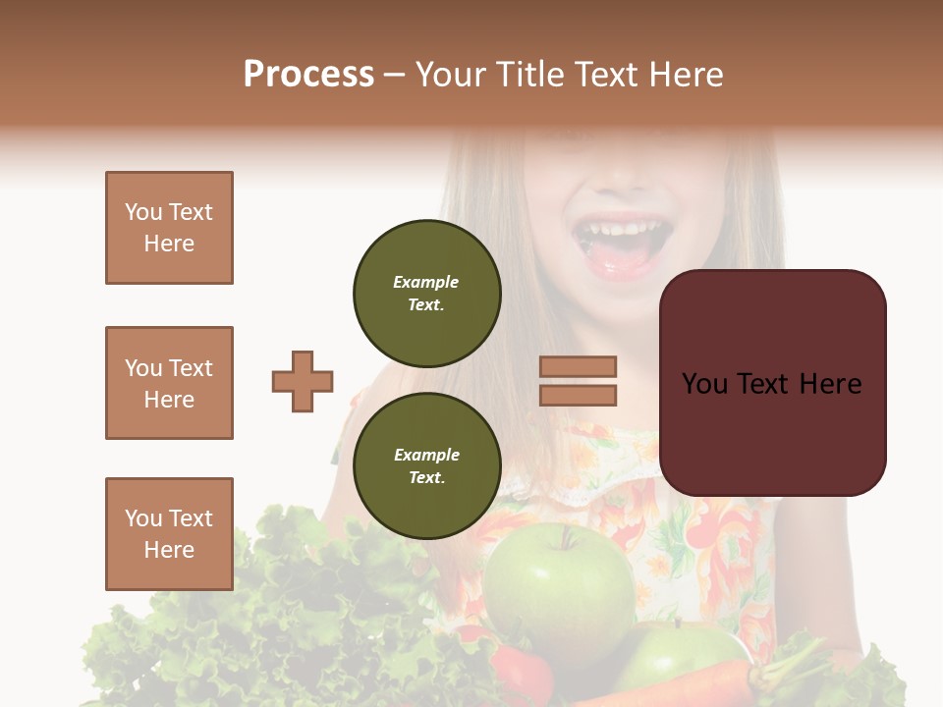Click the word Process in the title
point(308,75)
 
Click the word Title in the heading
point(528,75)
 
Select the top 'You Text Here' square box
point(169,228)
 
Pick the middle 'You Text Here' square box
point(169,383)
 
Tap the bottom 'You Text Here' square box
point(169,533)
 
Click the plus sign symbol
point(303,381)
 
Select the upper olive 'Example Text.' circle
point(427,294)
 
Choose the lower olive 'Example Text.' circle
point(427,465)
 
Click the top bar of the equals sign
point(579,366)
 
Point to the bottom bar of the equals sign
point(579,395)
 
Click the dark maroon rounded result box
point(773,383)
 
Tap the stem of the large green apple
point(565,537)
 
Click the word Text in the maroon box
point(773,383)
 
